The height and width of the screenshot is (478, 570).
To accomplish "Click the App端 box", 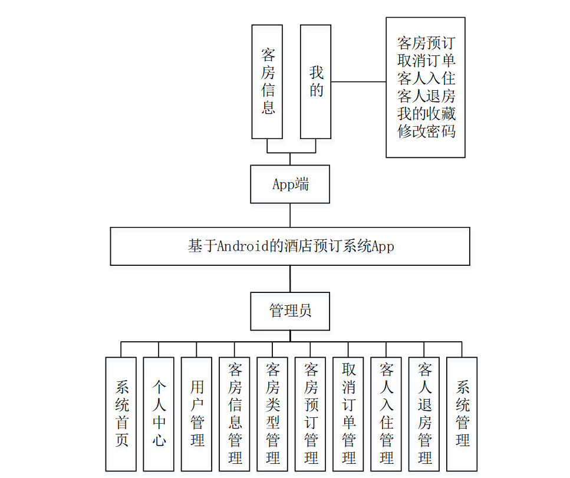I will [290, 184].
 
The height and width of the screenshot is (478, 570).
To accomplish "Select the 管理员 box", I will [290, 311].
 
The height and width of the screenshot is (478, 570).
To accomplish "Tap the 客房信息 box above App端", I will [268, 81].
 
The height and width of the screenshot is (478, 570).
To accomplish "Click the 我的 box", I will [317, 81].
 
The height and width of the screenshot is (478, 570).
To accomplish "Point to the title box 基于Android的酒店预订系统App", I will [290, 246].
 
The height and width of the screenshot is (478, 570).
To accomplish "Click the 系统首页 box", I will [121, 414].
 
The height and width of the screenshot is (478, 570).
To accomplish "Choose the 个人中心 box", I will [159, 414].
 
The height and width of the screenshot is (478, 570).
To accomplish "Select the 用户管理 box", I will [197, 414].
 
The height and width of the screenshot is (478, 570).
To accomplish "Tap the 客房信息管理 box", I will [235, 414].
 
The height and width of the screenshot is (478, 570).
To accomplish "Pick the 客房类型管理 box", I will [272, 414].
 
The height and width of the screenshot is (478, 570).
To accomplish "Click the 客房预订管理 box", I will [311, 414].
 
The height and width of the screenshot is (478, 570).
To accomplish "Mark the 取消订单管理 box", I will [348, 414].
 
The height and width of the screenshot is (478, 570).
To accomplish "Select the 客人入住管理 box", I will [386, 414].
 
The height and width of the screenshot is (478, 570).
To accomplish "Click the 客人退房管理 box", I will [424, 414].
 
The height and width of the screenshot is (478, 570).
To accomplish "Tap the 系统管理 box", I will [462, 414].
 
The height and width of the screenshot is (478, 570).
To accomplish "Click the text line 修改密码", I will [426, 131].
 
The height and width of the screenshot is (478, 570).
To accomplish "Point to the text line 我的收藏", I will [426, 113].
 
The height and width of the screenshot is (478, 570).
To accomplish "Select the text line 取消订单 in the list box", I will [426, 60].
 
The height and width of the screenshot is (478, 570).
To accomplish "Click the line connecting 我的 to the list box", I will [359, 82].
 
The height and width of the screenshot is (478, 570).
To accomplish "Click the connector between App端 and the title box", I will [290, 215].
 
